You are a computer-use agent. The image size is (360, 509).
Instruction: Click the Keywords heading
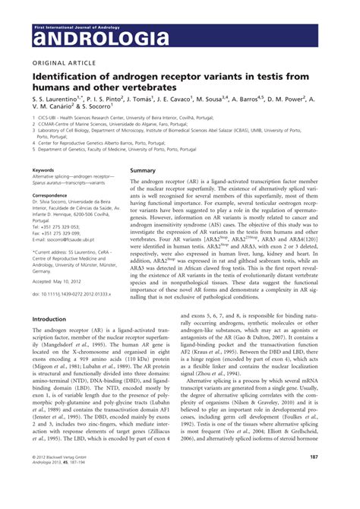point(43,171)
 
